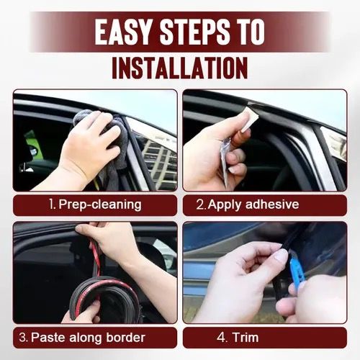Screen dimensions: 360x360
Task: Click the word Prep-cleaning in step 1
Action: [x=100, y=204]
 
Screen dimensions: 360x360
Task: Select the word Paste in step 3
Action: [x=47, y=337]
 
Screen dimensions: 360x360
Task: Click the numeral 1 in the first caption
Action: [x=52, y=204]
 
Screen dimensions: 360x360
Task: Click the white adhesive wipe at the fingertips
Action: [x=250, y=119]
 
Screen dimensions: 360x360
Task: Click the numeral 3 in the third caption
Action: [x=24, y=337]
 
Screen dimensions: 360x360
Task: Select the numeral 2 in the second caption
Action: [x=200, y=204]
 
